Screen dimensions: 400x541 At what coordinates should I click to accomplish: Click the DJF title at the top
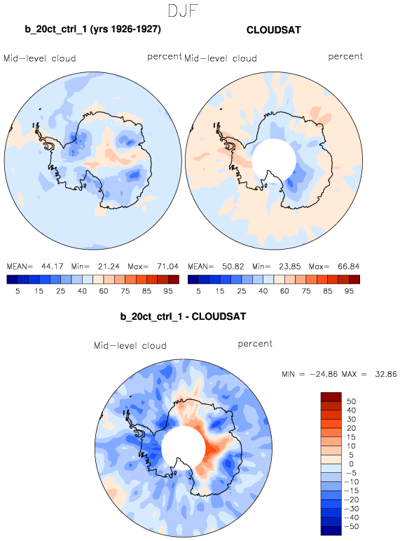(x=183, y=11)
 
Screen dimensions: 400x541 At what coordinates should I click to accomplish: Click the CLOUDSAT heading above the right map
(x=274, y=30)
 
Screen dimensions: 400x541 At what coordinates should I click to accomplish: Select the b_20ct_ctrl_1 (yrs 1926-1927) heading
(x=92, y=29)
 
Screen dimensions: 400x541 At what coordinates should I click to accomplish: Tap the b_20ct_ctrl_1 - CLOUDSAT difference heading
(x=183, y=316)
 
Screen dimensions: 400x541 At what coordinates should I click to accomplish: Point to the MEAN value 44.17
(x=52, y=267)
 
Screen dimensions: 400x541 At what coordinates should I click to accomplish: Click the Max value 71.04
(x=167, y=267)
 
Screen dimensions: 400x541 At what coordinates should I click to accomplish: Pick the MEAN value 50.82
(x=233, y=267)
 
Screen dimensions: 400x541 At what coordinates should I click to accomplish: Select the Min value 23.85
(x=290, y=267)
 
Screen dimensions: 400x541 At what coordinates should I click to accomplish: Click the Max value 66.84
(x=349, y=267)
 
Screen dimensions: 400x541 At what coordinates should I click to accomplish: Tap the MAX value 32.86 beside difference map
(x=386, y=374)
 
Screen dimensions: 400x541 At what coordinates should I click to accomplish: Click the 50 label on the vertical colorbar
(x=351, y=401)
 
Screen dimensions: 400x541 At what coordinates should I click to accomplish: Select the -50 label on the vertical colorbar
(x=351, y=526)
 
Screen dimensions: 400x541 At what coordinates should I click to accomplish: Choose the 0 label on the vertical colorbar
(x=351, y=464)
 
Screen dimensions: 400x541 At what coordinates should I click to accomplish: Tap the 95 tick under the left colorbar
(x=168, y=291)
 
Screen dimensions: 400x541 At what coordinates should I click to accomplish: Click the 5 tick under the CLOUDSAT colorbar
(x=198, y=291)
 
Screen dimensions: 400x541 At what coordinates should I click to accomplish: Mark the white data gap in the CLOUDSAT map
(x=274, y=161)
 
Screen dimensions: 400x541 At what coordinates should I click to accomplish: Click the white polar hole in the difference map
(x=184, y=448)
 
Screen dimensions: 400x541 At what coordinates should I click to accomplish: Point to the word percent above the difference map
(x=255, y=344)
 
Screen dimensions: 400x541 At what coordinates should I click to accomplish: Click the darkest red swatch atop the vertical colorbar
(x=331, y=396)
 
